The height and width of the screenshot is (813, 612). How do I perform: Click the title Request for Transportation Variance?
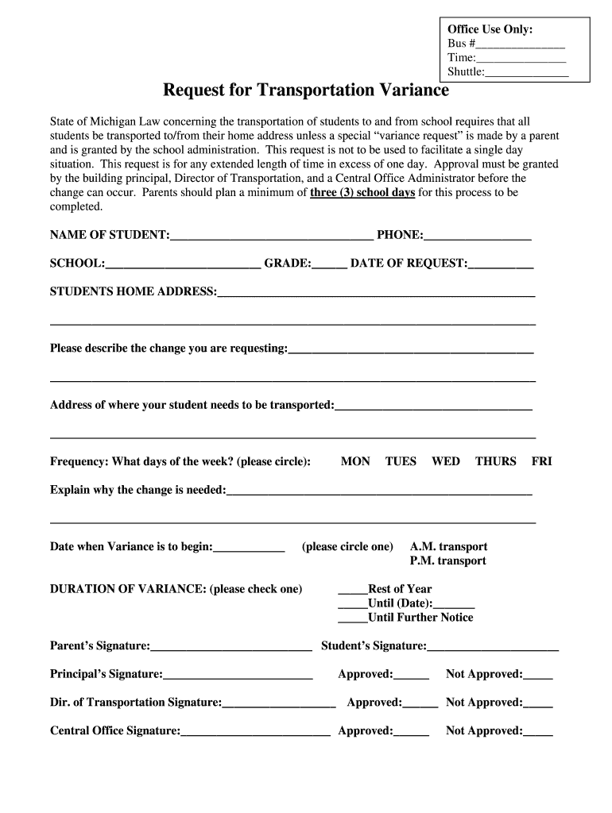305,91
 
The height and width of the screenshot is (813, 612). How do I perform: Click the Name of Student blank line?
271,236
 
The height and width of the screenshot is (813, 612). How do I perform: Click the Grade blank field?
329,264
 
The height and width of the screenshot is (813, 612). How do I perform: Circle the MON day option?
355,461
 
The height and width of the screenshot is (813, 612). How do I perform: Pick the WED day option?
445,461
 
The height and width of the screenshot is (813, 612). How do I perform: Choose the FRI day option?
541,461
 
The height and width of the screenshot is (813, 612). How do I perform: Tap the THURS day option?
495,461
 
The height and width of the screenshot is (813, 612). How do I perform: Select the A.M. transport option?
448,547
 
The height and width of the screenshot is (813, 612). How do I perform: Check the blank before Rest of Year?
352,590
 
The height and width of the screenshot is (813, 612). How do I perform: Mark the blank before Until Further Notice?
352,618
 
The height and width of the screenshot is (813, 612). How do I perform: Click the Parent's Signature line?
230,647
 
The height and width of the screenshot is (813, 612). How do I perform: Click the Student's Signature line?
493,647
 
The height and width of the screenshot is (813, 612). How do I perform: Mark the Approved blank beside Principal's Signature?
411,676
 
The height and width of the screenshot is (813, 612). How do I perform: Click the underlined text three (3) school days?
362,193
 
